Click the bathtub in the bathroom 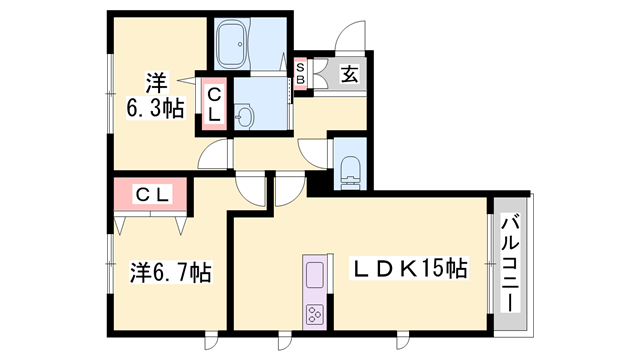[231, 44]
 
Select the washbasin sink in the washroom [244, 117]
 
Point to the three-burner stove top [314, 315]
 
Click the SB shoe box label [300, 73]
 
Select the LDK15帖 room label [409, 268]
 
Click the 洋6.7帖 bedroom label [170, 272]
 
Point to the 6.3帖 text [155, 108]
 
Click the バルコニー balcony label [510, 265]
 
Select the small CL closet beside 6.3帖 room [214, 104]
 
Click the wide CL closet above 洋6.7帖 [151, 194]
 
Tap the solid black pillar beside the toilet [319, 182]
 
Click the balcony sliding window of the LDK [490, 264]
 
